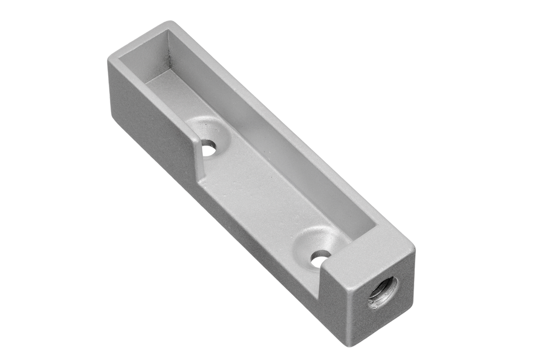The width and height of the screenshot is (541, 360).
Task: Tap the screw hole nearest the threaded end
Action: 320,258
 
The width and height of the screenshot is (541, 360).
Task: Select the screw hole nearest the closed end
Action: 209,147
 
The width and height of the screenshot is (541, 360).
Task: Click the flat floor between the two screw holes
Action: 259,190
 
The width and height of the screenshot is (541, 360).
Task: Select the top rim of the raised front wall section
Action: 153,95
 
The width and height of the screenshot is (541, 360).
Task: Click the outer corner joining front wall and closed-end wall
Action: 109,59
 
